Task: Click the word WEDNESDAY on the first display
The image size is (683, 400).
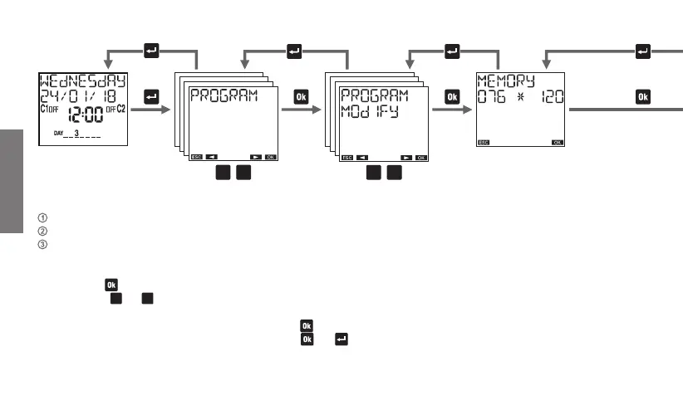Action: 81,80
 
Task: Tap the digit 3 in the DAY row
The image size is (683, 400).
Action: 76,132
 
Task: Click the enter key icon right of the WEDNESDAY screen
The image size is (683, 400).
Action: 151,97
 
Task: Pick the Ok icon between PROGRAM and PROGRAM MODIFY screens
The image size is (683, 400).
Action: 301,97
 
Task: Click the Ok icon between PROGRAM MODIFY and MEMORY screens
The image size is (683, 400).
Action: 452,97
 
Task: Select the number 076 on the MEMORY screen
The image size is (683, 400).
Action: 493,98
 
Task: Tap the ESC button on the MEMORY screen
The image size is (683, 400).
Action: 484,142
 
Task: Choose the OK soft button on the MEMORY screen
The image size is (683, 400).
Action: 558,142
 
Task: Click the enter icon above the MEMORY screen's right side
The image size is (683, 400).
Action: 642,51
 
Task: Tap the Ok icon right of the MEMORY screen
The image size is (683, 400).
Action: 642,97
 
